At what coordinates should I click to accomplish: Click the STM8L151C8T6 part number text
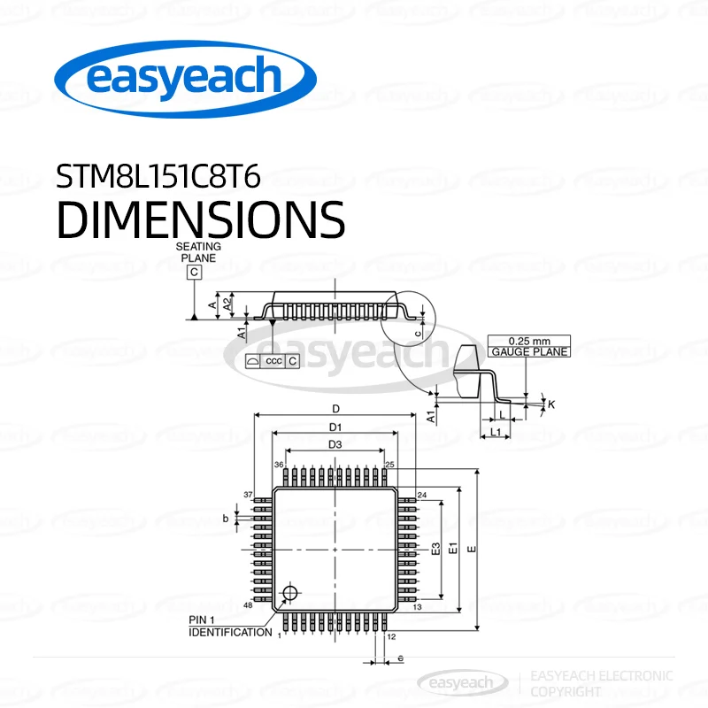(158, 177)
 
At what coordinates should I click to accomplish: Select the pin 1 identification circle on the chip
(289, 593)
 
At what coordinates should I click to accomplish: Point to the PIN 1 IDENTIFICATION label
(230, 626)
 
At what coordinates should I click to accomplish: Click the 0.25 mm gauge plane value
(530, 341)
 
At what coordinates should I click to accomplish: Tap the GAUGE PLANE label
(530, 351)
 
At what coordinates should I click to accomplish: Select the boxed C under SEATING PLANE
(194, 273)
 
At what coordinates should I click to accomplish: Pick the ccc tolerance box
(273, 361)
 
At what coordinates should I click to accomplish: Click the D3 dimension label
(335, 444)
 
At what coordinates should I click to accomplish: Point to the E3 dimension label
(435, 549)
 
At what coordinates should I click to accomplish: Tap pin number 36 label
(279, 465)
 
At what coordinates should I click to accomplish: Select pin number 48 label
(248, 604)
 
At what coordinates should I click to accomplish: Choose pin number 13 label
(417, 608)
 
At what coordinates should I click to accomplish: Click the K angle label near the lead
(551, 404)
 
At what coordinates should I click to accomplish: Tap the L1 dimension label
(496, 432)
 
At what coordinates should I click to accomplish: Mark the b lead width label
(226, 518)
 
